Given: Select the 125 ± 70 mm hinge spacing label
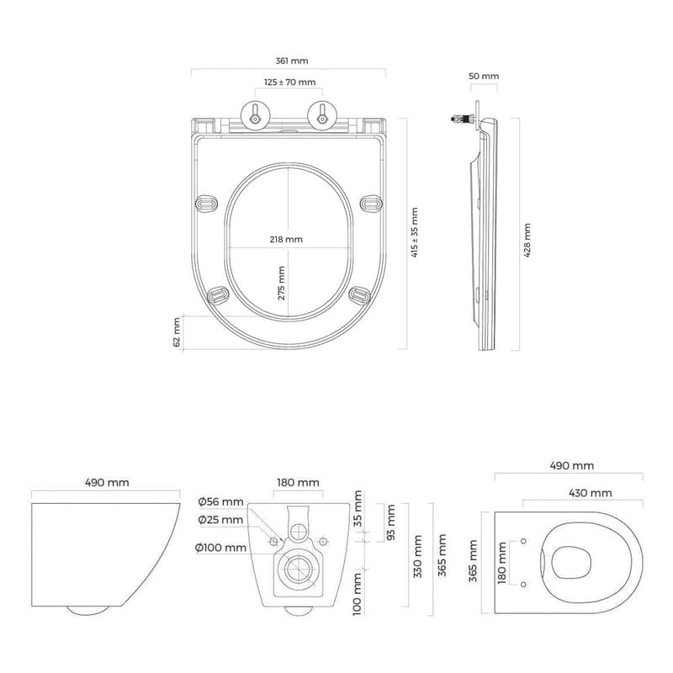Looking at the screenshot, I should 289,82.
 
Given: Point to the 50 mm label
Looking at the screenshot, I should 484,77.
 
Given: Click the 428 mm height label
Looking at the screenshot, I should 527,241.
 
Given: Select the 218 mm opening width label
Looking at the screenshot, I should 286,240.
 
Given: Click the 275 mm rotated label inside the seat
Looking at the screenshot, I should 282,283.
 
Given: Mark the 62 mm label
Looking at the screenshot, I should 178,332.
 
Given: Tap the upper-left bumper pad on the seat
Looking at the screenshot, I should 206,203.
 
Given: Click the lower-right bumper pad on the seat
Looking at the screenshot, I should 360,294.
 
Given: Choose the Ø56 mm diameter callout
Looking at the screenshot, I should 220,502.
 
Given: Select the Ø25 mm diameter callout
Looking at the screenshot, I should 220,520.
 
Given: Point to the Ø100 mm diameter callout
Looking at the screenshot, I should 220,548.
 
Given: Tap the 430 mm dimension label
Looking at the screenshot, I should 588,493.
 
